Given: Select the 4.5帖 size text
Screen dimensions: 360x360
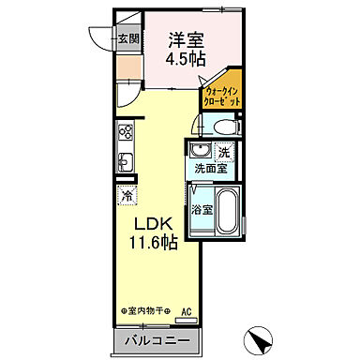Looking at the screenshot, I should (187, 59).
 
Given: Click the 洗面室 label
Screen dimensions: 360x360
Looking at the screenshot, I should (211, 169).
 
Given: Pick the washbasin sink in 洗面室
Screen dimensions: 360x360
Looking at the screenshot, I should (199, 152).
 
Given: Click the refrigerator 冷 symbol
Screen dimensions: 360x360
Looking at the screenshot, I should (127, 196).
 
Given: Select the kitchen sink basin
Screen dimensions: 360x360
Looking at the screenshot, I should (126, 160).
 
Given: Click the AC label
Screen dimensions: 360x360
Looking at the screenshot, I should (187, 311).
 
